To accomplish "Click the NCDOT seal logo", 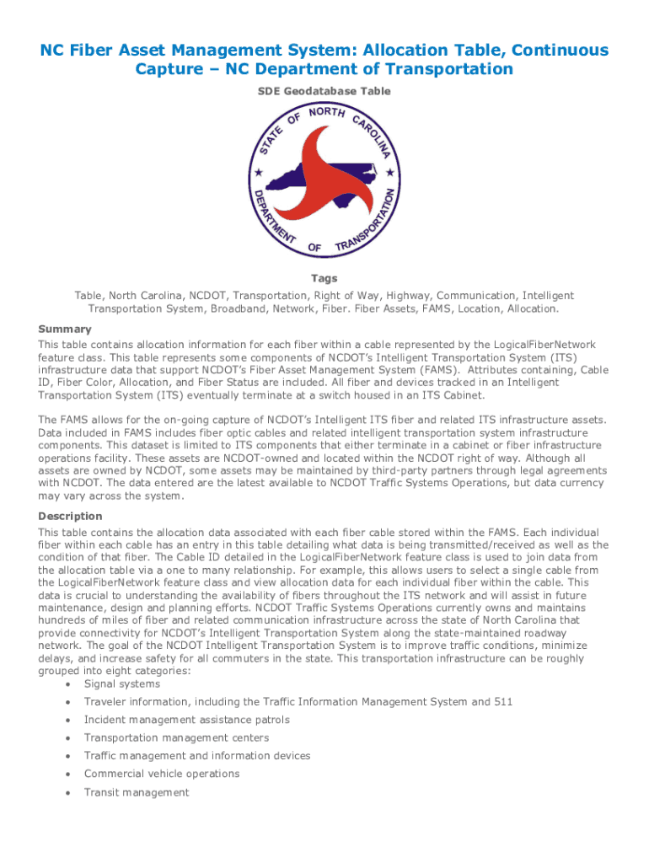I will click(x=324, y=180).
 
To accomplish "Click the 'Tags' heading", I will click(x=324, y=278).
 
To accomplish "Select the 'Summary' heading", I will click(x=65, y=329).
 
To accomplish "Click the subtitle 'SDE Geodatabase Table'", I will click(x=324, y=91).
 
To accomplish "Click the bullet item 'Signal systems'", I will click(x=121, y=683).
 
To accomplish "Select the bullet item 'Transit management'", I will click(x=137, y=792).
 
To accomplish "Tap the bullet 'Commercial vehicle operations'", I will click(x=162, y=774).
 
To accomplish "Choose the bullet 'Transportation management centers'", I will click(x=176, y=737).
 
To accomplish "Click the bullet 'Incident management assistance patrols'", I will click(x=186, y=720).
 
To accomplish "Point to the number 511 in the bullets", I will click(x=502, y=701).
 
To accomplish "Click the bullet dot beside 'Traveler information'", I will click(x=67, y=702).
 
